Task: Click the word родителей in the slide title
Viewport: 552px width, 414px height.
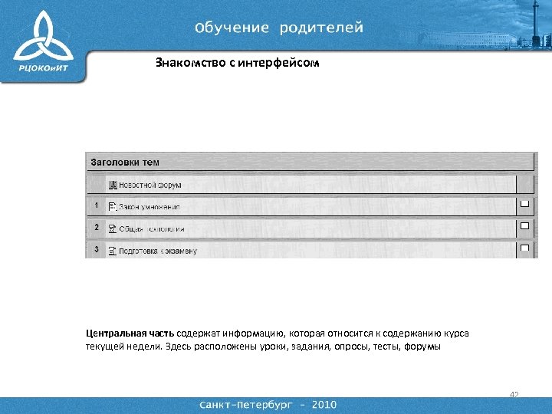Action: tap(321, 28)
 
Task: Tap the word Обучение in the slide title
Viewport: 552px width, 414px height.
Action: tap(232, 28)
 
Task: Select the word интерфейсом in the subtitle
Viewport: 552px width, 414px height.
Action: tap(278, 63)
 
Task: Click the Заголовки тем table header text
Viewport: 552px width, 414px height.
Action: tap(125, 163)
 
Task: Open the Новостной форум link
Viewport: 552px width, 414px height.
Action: tap(149, 186)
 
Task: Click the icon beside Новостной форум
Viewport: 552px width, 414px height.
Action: tap(113, 186)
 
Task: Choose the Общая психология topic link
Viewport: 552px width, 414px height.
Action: tap(151, 228)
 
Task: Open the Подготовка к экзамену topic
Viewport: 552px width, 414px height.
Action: tap(157, 251)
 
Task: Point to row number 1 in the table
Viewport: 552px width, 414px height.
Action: tap(96, 206)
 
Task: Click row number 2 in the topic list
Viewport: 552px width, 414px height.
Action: tap(96, 228)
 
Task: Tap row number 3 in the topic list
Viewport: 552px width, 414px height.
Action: tap(96, 249)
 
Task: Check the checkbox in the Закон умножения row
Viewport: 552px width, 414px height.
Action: tap(525, 204)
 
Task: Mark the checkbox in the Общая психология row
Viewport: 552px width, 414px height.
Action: tap(525, 226)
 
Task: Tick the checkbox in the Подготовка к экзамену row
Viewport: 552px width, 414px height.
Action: tap(525, 248)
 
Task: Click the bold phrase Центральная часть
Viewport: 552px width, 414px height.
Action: tap(130, 333)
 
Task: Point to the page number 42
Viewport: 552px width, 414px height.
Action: tap(514, 395)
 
